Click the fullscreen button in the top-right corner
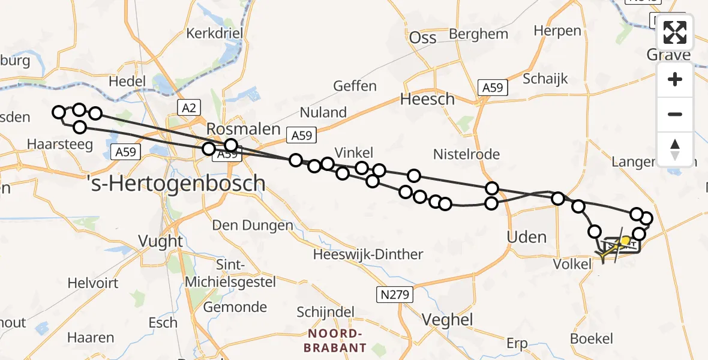[675, 32]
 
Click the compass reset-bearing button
[675, 149]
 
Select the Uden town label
[527, 237]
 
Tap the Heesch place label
[427, 99]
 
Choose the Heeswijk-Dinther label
[368, 254]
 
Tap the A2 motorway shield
[188, 107]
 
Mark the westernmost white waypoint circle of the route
[59, 112]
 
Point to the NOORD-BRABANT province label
[337, 341]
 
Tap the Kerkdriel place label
[214, 33]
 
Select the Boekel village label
[592, 338]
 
